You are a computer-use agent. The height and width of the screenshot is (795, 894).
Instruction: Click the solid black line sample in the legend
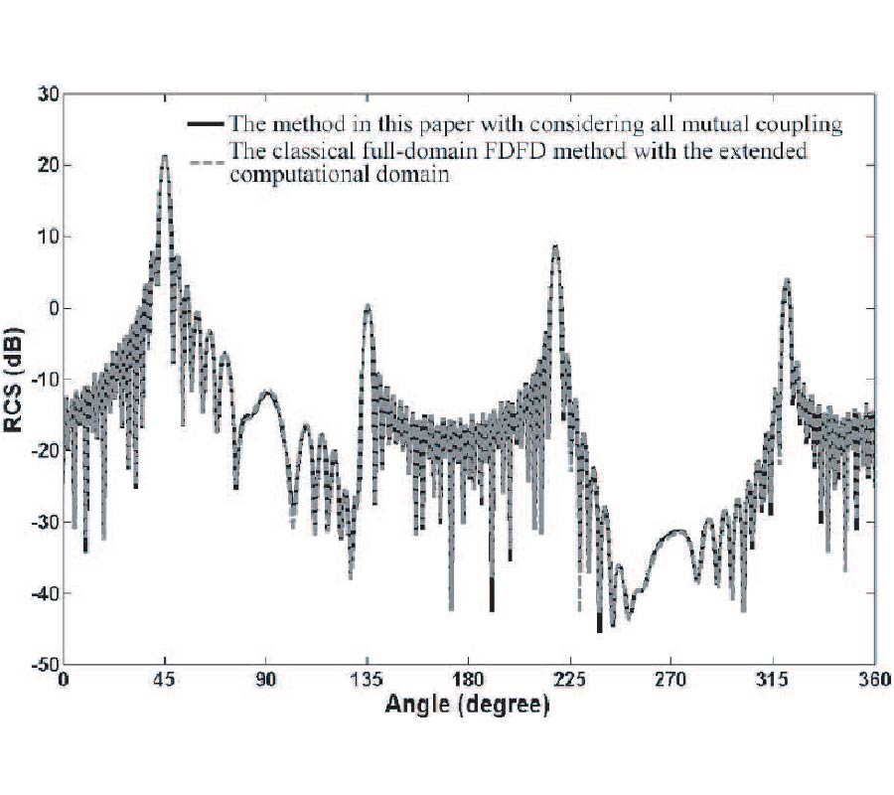coord(205,125)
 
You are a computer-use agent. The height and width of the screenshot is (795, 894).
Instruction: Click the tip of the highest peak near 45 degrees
coord(165,156)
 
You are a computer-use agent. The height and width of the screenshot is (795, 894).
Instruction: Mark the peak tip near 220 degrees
coord(556,245)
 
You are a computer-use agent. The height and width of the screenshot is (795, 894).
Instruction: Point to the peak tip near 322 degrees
coord(787,279)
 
